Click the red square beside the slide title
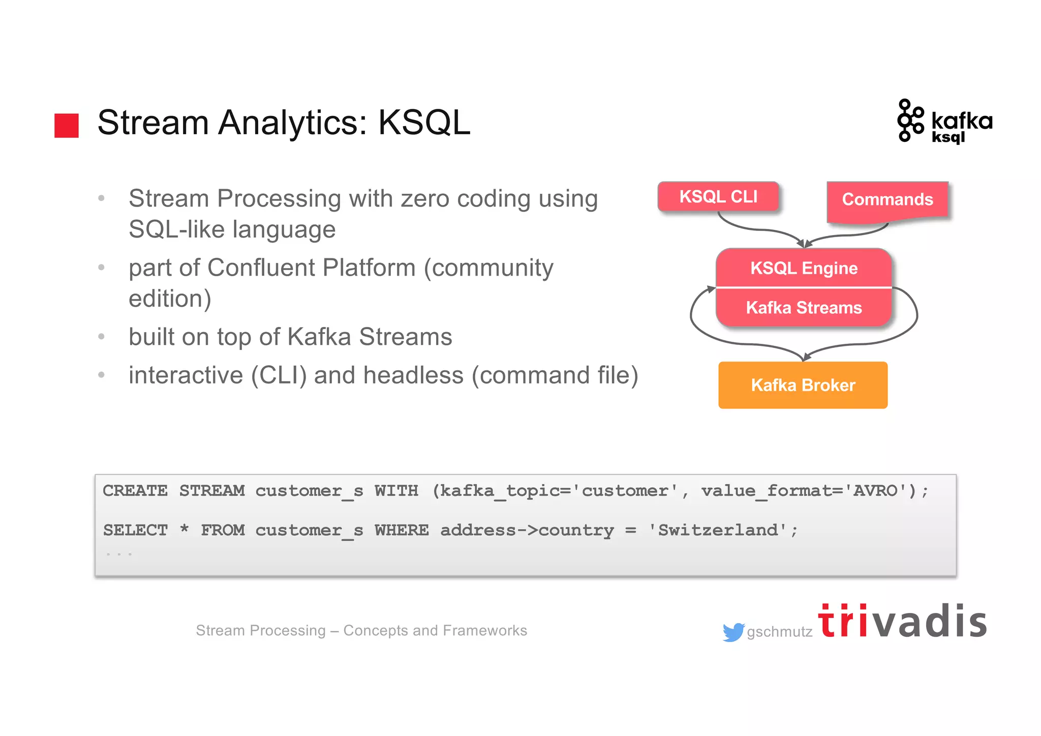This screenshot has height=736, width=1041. click(x=67, y=125)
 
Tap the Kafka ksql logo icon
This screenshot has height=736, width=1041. click(x=910, y=121)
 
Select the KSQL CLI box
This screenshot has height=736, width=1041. click(x=718, y=196)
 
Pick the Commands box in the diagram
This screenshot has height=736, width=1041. click(x=887, y=199)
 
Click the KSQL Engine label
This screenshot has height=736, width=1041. click(x=804, y=268)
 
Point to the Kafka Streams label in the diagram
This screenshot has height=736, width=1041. click(x=804, y=308)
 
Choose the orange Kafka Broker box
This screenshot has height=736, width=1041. click(x=803, y=385)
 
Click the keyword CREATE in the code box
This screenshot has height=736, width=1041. click(x=135, y=491)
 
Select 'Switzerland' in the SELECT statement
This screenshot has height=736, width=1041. click(x=717, y=531)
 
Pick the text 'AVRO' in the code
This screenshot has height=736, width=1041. click(x=875, y=491)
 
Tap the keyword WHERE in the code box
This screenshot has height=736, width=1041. click(x=402, y=531)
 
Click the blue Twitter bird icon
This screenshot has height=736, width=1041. click(x=733, y=632)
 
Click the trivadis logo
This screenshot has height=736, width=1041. click(x=902, y=621)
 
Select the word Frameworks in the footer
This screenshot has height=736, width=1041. click(x=484, y=630)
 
